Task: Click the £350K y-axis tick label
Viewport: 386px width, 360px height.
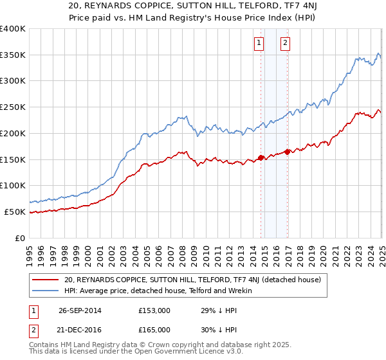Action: [13, 55]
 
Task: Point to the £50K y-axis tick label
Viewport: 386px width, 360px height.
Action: [15, 212]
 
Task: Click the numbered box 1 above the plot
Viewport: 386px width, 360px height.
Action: [259, 44]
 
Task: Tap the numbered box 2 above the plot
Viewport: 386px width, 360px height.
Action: [285, 44]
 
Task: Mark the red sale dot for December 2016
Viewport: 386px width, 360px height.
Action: [288, 152]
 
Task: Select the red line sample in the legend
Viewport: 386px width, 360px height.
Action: [46, 280]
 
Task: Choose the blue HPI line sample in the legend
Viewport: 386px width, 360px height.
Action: [46, 291]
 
